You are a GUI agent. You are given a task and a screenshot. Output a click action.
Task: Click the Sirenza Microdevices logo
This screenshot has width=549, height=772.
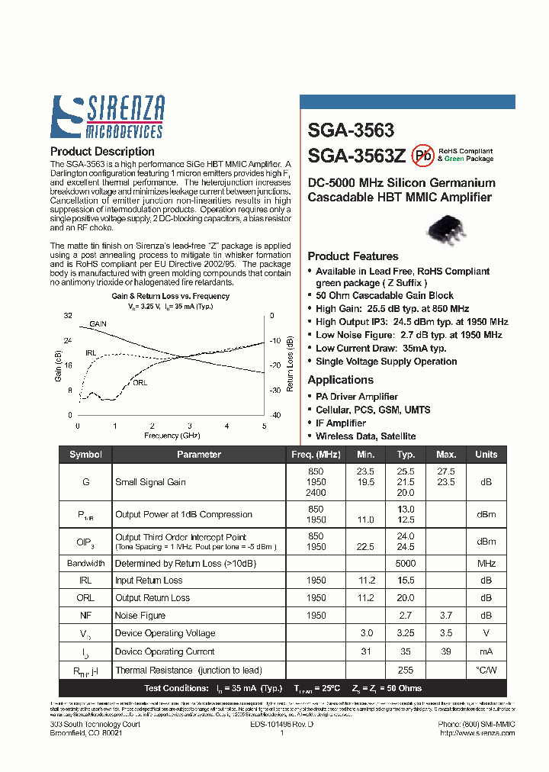(107, 117)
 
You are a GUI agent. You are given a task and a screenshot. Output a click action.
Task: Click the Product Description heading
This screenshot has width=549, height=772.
(102, 151)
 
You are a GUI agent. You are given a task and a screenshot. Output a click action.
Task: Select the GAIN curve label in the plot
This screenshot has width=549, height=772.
(98, 324)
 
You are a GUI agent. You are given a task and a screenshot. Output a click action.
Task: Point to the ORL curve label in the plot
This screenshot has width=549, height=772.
(140, 381)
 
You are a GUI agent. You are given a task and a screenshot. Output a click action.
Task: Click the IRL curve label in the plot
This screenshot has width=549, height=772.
(91, 353)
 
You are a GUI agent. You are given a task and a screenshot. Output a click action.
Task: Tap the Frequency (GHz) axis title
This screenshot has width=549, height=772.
(171, 436)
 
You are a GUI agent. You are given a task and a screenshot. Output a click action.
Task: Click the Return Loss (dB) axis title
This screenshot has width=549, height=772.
(290, 365)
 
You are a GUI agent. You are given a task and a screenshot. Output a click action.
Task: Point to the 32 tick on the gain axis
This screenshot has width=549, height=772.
(68, 315)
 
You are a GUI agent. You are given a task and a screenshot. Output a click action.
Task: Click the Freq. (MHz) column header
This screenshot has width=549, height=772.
(315, 454)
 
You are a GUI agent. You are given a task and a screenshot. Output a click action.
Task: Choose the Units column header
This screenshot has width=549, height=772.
(486, 454)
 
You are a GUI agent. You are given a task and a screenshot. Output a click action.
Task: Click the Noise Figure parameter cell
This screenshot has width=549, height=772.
(140, 615)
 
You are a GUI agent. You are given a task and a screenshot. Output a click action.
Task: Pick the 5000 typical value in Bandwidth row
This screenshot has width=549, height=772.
(406, 564)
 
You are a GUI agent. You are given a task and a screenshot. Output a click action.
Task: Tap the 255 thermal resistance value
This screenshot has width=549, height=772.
(406, 670)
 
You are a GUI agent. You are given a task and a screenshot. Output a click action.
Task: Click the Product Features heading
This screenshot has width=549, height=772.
(352, 256)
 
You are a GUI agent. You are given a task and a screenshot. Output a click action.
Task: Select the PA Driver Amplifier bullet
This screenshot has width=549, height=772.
(357, 397)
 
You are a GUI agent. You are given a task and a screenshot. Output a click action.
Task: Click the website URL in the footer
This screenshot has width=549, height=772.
(478, 733)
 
